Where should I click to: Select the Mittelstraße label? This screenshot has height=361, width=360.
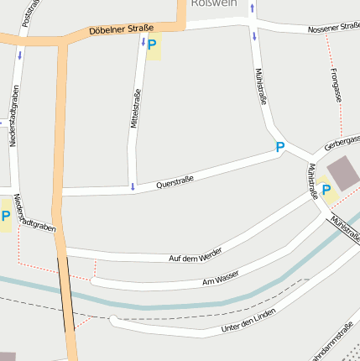(x=134, y=109)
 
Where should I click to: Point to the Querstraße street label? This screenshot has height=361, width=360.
(x=175, y=180)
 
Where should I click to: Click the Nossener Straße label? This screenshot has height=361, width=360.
(x=334, y=29)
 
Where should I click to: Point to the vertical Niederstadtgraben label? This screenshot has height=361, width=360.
(x=14, y=115)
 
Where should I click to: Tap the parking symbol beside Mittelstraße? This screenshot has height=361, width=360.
(x=152, y=45)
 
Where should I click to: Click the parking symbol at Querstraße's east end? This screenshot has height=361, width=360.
(x=280, y=147)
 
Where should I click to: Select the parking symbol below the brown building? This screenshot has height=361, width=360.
(x=326, y=190)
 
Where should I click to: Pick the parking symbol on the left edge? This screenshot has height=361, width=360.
(x=6, y=217)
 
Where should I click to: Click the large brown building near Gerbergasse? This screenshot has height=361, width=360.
(x=342, y=172)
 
